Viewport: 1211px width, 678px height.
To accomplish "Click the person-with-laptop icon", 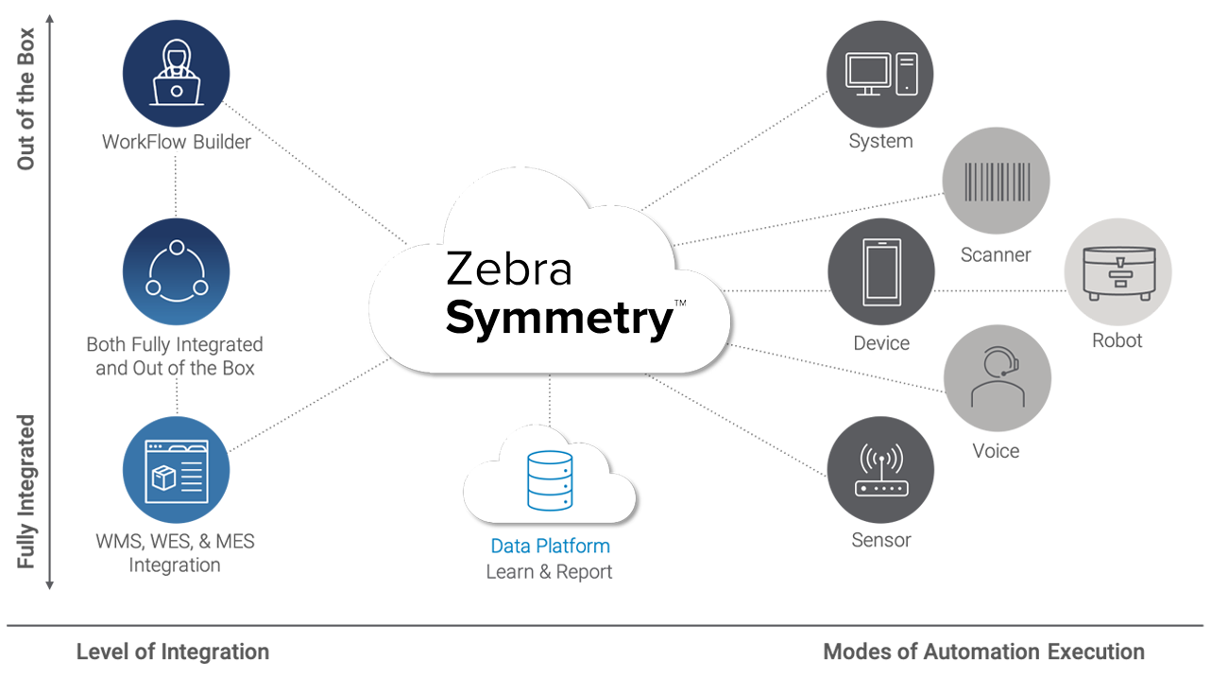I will pos(176,74).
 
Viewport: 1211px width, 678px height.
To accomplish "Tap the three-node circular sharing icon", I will pos(177,271).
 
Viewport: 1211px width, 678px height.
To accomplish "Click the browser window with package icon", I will pos(175,471).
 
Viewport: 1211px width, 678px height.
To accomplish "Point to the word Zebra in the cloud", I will pos(508,269).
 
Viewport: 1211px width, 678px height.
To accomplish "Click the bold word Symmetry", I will pos(558,319).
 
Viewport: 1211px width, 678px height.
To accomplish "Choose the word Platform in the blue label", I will pos(576,546).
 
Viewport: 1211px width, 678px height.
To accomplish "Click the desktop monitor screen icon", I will pos(867,75).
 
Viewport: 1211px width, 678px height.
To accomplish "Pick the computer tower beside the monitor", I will pos(907,75).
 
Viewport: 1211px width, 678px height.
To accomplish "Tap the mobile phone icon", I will pos(881,273).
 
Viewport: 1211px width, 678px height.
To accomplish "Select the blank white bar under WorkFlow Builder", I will pos(175,166).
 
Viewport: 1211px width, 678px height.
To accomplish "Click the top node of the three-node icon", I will pos(177,248).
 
